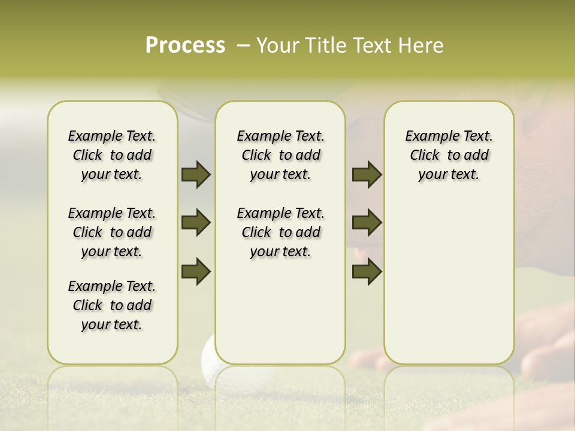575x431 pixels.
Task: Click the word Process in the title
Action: (x=185, y=45)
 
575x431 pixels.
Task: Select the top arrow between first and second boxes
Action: (x=196, y=174)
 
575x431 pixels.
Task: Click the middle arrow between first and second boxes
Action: (x=196, y=223)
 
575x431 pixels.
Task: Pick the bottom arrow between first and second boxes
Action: (x=196, y=271)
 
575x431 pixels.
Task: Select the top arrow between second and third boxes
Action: (x=367, y=174)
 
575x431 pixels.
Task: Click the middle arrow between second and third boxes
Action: (x=367, y=223)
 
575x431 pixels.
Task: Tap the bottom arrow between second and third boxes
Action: (x=367, y=271)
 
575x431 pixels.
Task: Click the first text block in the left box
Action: (x=111, y=155)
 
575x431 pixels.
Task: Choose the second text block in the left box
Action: (x=111, y=232)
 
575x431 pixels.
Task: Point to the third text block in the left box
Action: (x=111, y=305)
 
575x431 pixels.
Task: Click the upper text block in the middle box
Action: (x=280, y=155)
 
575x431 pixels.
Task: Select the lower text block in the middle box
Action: (x=280, y=232)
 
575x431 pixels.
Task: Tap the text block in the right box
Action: (x=449, y=155)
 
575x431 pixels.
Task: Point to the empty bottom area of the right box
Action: (x=449, y=287)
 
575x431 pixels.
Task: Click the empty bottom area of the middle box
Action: (x=280, y=311)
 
